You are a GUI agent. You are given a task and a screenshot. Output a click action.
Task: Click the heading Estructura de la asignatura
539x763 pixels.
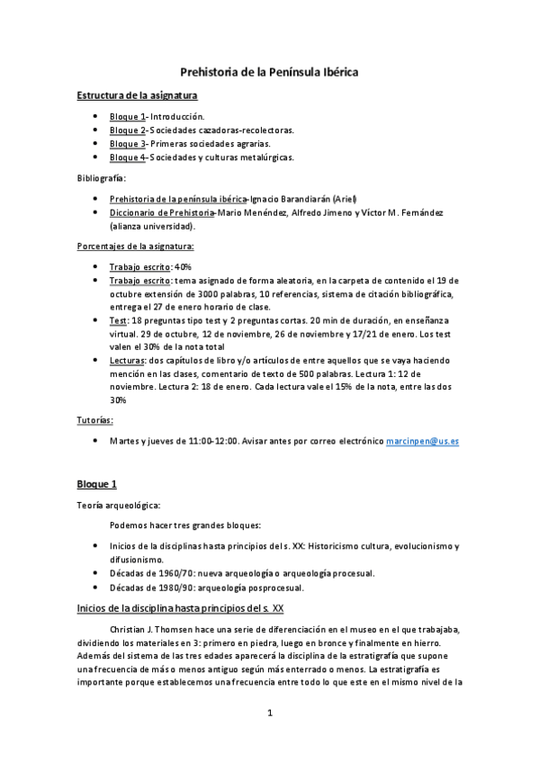click(138, 94)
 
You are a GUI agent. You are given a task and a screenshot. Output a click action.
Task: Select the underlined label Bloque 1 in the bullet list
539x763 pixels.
click(127, 117)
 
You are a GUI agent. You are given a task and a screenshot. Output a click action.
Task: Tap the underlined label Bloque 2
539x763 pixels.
click(127, 130)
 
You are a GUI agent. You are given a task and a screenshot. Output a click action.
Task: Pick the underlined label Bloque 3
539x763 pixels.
click(127, 144)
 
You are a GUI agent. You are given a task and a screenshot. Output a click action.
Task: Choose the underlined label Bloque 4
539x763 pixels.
click(127, 157)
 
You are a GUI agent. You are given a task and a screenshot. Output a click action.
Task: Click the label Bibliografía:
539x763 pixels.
click(101, 178)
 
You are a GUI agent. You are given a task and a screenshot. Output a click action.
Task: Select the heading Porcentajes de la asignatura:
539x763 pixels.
click(135, 246)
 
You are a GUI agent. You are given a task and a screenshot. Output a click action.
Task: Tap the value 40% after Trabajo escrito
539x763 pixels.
click(184, 267)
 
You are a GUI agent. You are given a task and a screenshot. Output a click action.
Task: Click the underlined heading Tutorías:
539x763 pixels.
click(95, 420)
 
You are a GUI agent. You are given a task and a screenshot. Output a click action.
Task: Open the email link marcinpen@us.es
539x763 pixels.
click(423, 442)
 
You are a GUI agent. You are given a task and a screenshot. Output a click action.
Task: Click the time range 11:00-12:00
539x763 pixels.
click(212, 442)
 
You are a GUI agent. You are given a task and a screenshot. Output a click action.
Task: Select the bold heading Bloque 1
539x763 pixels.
click(97, 484)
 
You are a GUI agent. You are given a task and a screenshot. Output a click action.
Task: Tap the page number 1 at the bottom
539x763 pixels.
click(269, 714)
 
